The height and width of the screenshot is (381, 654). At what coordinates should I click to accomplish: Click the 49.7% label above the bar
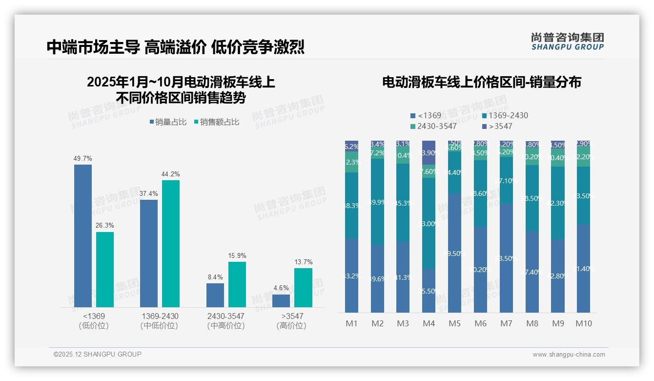[82, 159]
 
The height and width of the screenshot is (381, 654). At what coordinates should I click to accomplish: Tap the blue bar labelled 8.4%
[215, 295]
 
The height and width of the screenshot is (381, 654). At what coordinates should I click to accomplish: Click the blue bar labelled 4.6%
[281, 300]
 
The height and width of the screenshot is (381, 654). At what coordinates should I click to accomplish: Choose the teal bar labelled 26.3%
[105, 269]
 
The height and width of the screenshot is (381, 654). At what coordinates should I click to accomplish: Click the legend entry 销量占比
[167, 122]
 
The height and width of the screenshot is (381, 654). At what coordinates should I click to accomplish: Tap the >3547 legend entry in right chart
[497, 127]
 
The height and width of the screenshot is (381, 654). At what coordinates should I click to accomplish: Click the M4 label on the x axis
[429, 323]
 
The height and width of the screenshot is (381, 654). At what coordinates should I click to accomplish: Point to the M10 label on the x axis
[583, 323]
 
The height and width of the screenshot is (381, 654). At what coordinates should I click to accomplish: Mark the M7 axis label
[506, 323]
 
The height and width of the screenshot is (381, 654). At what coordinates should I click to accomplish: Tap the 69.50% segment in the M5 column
[455, 253]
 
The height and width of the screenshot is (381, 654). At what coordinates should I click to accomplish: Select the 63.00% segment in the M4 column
[429, 223]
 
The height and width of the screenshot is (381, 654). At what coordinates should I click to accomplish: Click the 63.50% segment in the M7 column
[506, 258]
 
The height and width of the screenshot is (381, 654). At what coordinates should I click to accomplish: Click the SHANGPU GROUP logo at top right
[567, 42]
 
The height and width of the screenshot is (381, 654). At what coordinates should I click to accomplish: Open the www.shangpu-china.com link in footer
[569, 355]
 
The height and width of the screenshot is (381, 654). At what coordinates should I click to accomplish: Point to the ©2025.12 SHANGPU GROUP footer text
[98, 354]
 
